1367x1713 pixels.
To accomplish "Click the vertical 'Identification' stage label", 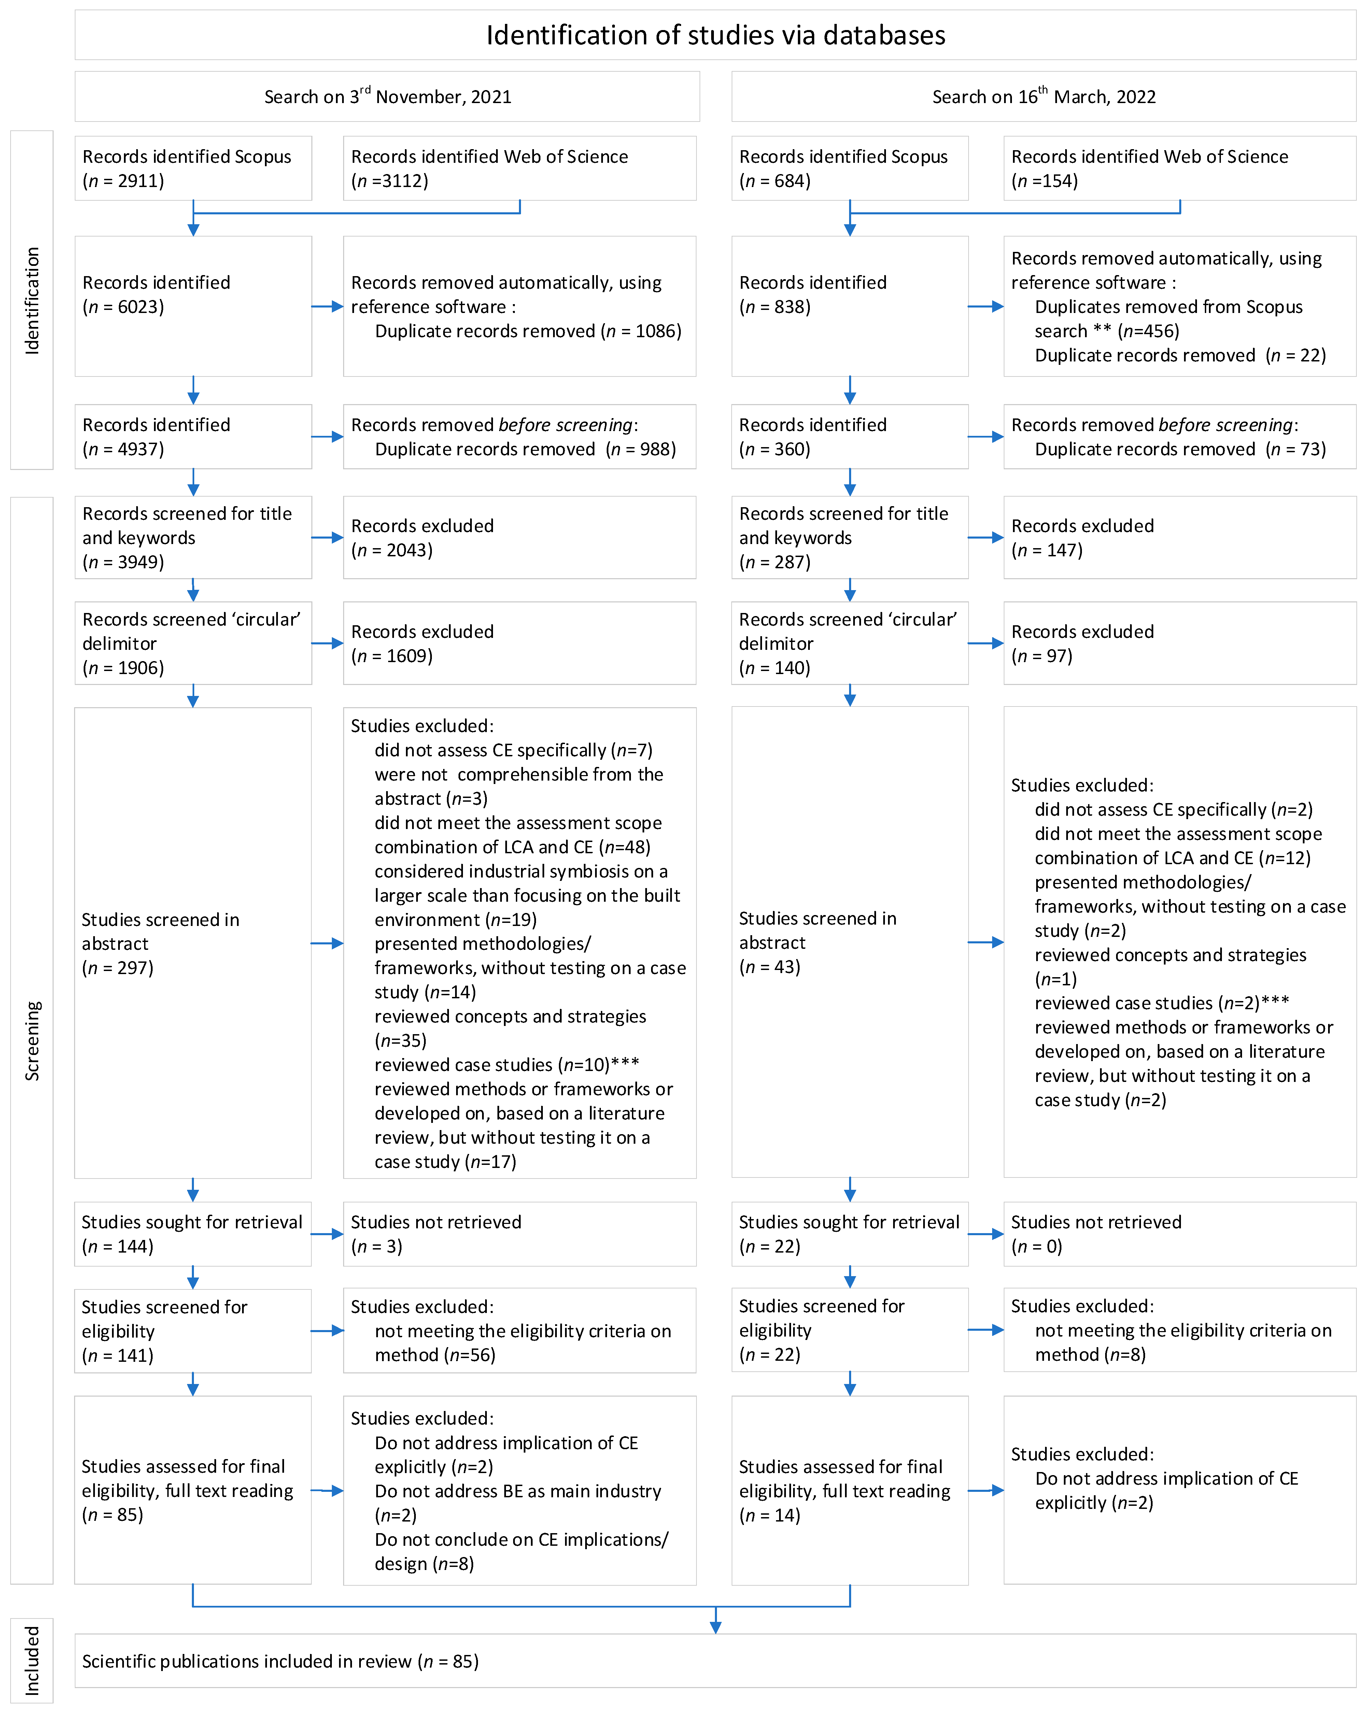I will click(32, 300).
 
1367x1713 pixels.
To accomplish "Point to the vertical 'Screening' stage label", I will click(32, 1041).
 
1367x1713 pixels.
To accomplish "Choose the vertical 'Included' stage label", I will click(32, 1660).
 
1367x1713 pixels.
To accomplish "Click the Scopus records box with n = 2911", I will click(193, 169).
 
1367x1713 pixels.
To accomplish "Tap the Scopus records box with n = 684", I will click(850, 169).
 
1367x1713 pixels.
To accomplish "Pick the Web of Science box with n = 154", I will click(1180, 169).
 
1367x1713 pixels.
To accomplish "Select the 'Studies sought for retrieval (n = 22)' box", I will click(850, 1234).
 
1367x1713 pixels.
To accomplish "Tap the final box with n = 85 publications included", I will click(715, 1661).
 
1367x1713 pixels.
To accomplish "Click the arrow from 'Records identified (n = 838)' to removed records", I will click(986, 307).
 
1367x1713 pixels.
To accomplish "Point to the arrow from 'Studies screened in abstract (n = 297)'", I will click(327, 943).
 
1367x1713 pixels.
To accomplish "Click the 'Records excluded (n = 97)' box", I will click(1180, 644).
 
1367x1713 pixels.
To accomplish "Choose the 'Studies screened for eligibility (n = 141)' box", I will click(193, 1331).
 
